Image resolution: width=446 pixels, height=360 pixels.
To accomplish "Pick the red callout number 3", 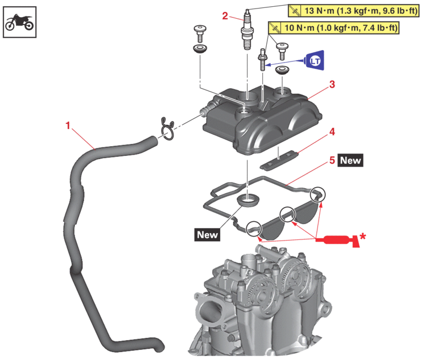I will (x=332, y=84).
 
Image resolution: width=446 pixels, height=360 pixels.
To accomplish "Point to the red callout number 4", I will (x=332, y=131).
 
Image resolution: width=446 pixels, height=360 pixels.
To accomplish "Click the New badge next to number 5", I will (x=350, y=161).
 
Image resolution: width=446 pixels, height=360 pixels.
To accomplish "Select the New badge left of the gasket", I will (x=207, y=234).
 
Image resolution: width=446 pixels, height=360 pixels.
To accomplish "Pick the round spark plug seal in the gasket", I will (x=247, y=200).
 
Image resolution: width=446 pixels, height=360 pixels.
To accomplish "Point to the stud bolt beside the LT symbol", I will (x=262, y=60).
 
